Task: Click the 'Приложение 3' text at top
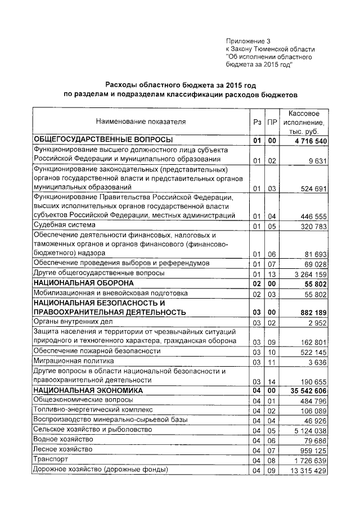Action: point(248,41)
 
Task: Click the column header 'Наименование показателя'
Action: point(140,121)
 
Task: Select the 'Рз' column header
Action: point(257,121)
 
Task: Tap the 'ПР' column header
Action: point(272,121)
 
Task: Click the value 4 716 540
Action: point(306,140)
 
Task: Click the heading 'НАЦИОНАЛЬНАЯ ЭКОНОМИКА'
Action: point(88,390)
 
